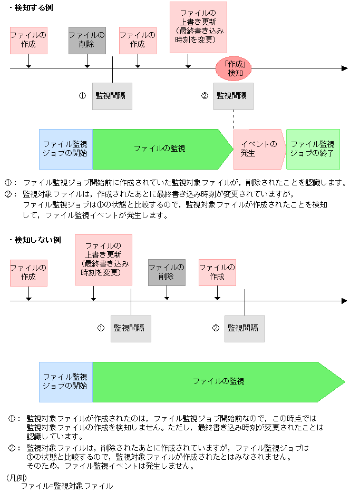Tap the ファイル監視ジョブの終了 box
click(313, 149)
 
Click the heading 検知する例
click(34, 8)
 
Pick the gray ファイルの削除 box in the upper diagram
click(87, 40)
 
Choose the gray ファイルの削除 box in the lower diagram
click(167, 272)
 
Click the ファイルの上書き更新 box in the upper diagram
click(198, 27)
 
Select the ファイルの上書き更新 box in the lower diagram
click(103, 260)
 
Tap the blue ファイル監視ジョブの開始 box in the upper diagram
click(65, 149)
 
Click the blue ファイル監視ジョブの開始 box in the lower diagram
click(65, 381)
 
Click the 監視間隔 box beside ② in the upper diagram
click(233, 96)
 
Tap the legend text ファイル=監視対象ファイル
click(67, 486)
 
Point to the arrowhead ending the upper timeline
click(345, 68)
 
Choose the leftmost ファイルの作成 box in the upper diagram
click(28, 40)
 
